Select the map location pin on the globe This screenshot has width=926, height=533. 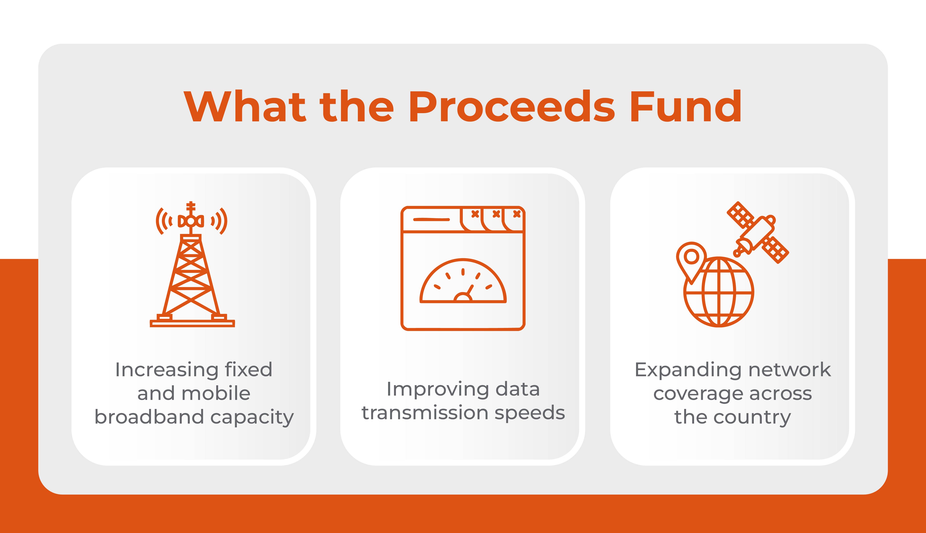(691, 258)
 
